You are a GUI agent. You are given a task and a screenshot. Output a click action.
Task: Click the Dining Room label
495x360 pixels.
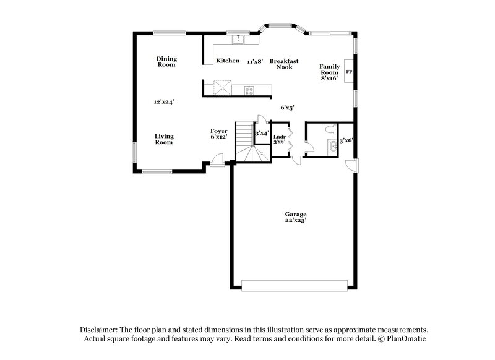tap(166, 62)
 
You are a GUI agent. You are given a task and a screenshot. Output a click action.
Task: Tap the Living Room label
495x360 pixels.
tap(164, 139)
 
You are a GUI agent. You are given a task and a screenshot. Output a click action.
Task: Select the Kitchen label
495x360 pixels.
tap(228, 61)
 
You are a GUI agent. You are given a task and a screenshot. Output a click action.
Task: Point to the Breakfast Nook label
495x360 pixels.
tap(284, 64)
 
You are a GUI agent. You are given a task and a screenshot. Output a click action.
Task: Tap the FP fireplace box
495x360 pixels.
tap(349, 72)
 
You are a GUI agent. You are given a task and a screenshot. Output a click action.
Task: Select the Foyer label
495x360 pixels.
tap(219, 131)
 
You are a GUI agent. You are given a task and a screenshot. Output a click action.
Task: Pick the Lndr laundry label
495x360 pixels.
tap(279, 136)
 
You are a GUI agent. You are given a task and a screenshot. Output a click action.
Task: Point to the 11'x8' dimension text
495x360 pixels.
tap(256, 61)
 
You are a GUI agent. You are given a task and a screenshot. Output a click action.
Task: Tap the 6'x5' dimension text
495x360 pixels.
tap(287, 108)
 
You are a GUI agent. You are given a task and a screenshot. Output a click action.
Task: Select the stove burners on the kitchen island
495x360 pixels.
tap(249, 90)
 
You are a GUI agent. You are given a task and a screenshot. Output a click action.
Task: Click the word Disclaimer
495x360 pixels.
tap(99, 330)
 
